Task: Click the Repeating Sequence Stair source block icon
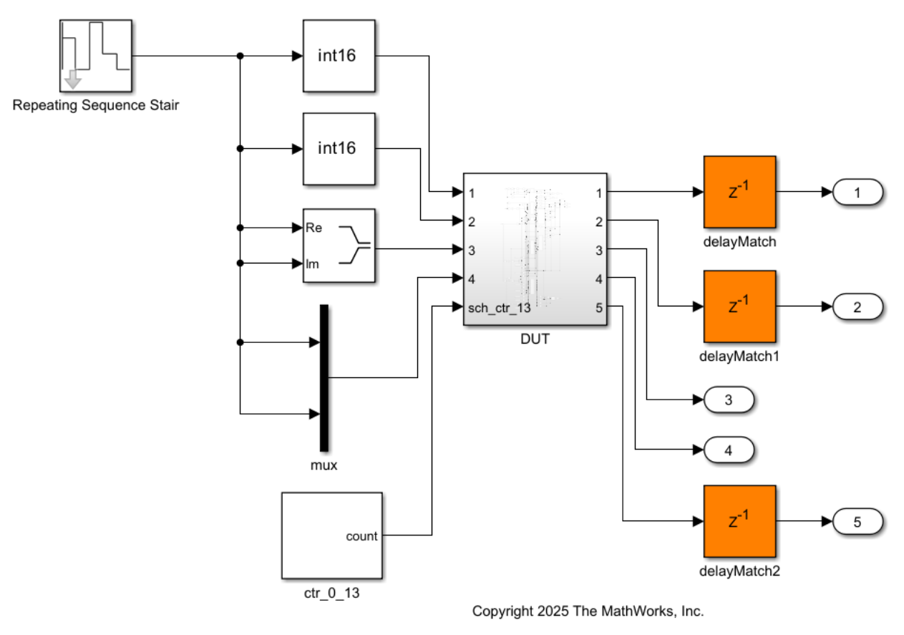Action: click(95, 56)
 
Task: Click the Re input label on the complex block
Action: click(313, 228)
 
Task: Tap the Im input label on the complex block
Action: click(312, 263)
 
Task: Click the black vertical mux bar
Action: click(324, 378)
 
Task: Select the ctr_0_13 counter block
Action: click(331, 535)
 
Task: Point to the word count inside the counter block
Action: click(361, 536)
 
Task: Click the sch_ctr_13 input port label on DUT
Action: click(499, 308)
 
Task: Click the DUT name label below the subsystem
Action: click(535, 339)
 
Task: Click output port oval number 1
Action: click(857, 192)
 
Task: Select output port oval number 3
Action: click(729, 399)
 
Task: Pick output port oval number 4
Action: click(729, 450)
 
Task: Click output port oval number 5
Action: click(857, 521)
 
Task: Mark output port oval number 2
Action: click(857, 306)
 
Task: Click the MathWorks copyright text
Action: click(588, 611)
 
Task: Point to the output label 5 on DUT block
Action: click(598, 308)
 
